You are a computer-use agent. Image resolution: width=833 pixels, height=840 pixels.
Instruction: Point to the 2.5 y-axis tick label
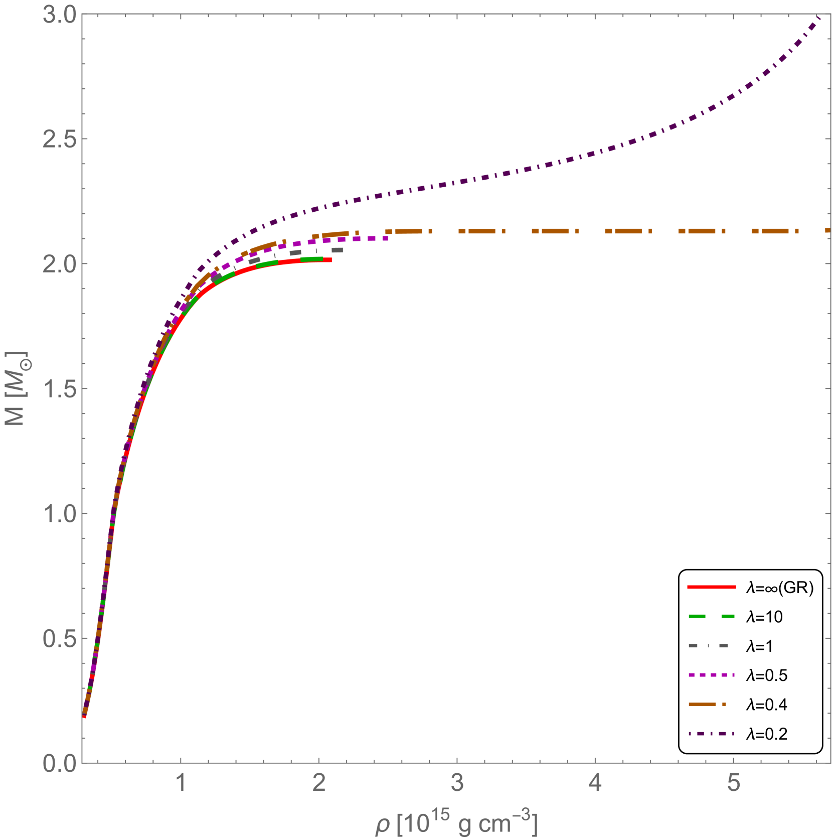pyautogui.click(x=59, y=139)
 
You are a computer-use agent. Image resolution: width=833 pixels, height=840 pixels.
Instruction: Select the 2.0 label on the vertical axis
pyautogui.click(x=59, y=264)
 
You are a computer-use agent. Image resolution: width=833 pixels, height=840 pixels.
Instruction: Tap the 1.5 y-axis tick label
pyautogui.click(x=59, y=389)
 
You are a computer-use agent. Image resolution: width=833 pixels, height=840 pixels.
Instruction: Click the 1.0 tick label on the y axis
pyautogui.click(x=59, y=514)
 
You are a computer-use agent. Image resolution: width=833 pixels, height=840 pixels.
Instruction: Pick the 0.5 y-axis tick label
pyautogui.click(x=59, y=638)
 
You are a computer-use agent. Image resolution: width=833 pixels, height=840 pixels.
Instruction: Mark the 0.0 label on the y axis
pyautogui.click(x=59, y=763)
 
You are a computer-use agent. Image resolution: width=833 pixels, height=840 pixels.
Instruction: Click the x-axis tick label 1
pyautogui.click(x=181, y=782)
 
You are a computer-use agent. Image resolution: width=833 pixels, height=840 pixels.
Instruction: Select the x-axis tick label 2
pyautogui.click(x=319, y=782)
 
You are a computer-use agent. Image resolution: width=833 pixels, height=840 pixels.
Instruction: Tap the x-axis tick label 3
pyautogui.click(x=457, y=782)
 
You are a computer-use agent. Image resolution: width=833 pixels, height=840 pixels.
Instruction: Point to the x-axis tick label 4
pyautogui.click(x=595, y=782)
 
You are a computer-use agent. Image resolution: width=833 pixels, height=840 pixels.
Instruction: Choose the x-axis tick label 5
pyautogui.click(x=733, y=782)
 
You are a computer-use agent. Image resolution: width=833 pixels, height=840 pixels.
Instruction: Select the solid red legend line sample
pyautogui.click(x=711, y=587)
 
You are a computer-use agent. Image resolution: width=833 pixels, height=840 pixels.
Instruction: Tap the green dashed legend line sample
pyautogui.click(x=711, y=616)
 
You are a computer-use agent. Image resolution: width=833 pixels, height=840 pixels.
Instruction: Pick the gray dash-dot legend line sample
pyautogui.click(x=708, y=646)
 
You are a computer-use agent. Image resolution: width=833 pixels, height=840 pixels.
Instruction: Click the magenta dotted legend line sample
pyautogui.click(x=711, y=675)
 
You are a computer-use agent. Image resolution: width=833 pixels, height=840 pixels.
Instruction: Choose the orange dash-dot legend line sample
pyautogui.click(x=707, y=704)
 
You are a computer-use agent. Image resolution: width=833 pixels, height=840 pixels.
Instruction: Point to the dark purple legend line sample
pyautogui.click(x=711, y=734)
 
